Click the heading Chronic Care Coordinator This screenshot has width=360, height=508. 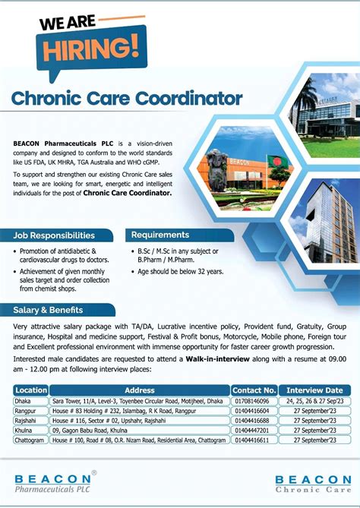pos(127,99)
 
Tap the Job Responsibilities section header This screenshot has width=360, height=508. pos(54,236)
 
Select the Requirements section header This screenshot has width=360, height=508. pos(160,235)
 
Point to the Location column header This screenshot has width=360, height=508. pos(31,390)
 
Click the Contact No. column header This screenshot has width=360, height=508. pos(254,390)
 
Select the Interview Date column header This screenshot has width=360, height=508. pos(315,390)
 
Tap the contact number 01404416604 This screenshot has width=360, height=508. pos(253,410)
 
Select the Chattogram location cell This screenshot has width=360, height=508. pos(29,439)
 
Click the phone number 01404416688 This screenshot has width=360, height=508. pos(253,420)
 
